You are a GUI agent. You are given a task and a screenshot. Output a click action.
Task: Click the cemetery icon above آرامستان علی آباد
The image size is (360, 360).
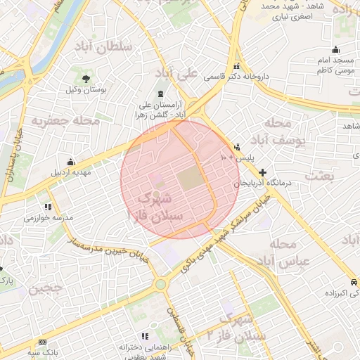(x=162, y=94)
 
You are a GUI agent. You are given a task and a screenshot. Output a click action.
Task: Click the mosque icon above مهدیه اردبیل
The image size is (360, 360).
(x=70, y=161)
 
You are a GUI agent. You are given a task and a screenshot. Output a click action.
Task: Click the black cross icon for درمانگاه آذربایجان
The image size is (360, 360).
(x=262, y=172)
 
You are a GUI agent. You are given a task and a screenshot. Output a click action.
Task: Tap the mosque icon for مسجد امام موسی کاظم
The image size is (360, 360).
(x=335, y=49)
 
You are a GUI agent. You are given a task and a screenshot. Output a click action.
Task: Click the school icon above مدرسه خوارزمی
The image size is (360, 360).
(x=48, y=207)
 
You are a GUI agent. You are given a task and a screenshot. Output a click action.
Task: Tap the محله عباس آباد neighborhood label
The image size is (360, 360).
(x=279, y=253)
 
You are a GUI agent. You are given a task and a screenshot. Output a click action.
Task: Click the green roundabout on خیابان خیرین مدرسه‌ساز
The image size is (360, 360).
(x=161, y=284)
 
